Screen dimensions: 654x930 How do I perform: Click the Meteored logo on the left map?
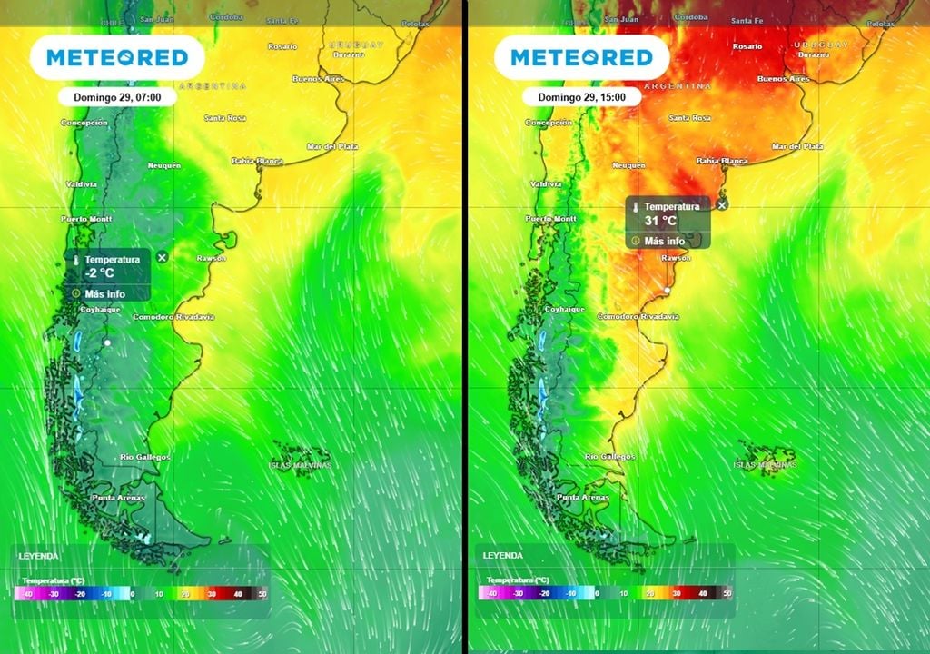point(117,58)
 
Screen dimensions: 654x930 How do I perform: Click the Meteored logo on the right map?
point(581,58)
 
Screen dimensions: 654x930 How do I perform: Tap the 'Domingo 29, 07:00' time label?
point(117,95)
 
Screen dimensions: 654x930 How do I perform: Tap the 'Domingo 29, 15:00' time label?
point(581,95)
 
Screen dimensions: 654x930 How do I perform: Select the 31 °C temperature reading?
point(660,221)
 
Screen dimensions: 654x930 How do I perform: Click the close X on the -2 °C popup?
point(163,258)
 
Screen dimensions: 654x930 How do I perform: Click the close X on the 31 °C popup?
point(722,205)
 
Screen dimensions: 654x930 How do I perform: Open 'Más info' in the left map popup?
point(105,293)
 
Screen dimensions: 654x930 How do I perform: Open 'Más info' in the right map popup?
point(665,241)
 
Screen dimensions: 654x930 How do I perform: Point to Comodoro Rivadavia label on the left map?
point(173,317)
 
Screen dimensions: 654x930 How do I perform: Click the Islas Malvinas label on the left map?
point(301,465)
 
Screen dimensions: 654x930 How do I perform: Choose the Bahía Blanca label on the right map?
point(722,161)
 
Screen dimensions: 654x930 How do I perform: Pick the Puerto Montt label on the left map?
point(87,219)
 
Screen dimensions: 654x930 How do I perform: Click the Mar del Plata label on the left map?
point(332,146)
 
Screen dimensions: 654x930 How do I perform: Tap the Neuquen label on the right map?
point(629,166)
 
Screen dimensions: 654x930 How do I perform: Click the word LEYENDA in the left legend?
point(38,555)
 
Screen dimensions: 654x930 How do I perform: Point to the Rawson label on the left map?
point(212,259)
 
